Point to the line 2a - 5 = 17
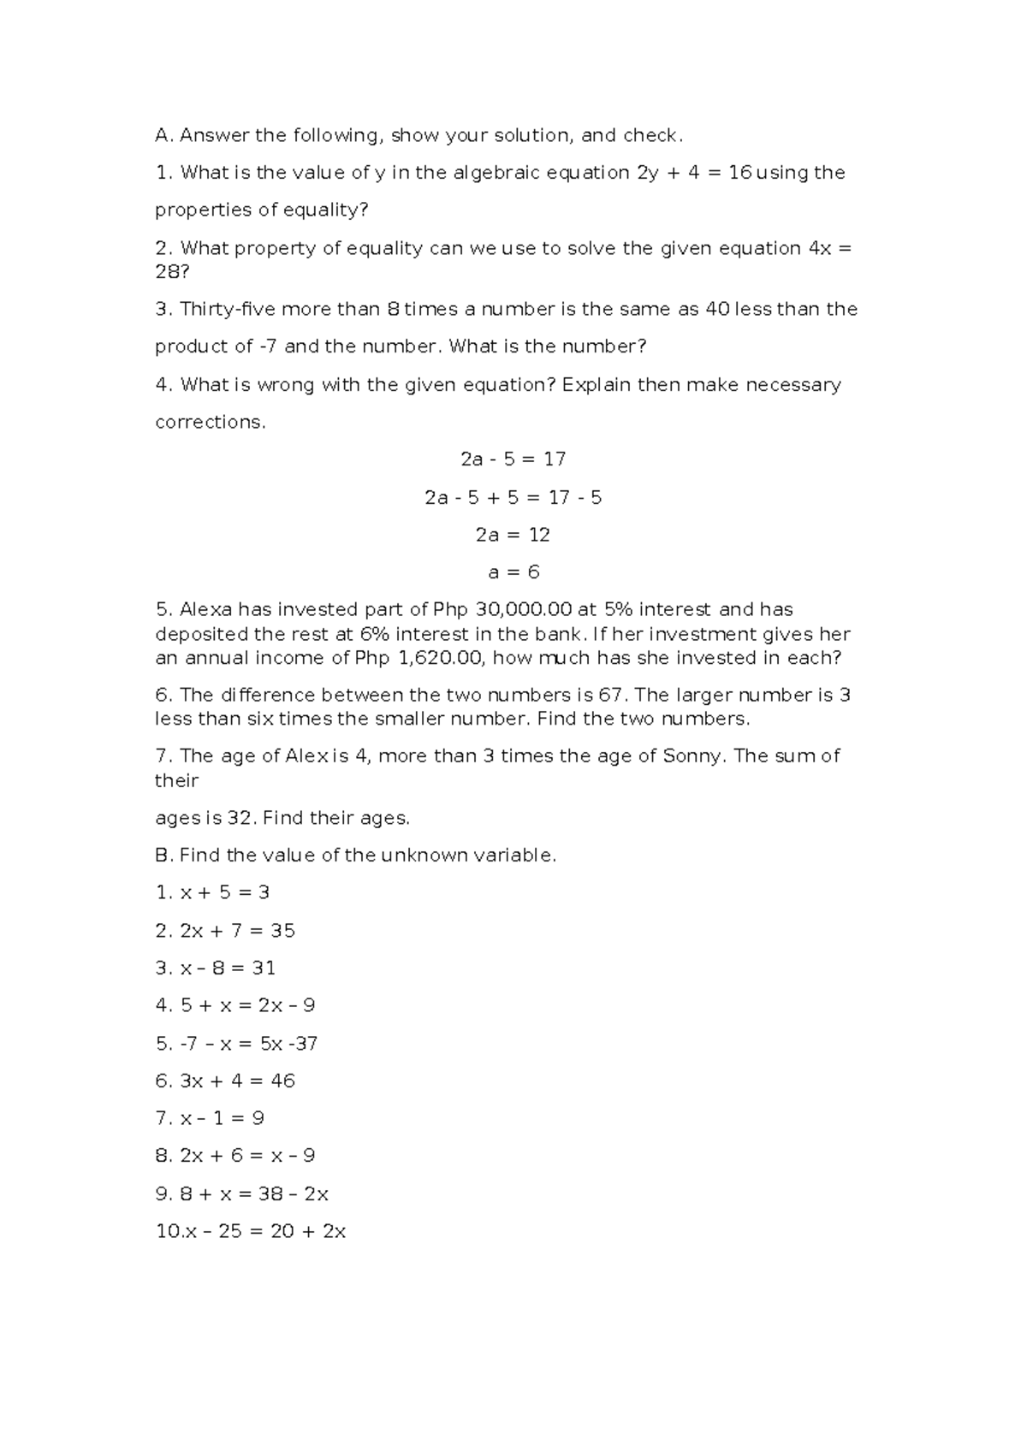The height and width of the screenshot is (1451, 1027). coord(513,459)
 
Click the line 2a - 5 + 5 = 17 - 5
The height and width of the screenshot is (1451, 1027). coord(513,497)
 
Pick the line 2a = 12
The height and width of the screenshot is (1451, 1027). coord(513,535)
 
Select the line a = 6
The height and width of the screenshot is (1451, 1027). coord(513,572)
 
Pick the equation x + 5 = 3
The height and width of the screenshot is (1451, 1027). coord(224,892)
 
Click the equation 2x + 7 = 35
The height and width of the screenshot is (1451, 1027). coord(237,930)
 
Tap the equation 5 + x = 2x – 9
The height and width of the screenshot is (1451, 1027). coord(247,1005)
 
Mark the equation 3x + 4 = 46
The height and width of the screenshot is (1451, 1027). coord(237,1081)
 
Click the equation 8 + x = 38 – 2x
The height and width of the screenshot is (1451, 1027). coord(254,1193)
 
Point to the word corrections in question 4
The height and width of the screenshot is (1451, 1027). coord(209,422)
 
